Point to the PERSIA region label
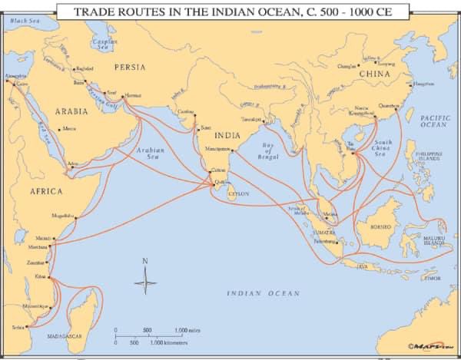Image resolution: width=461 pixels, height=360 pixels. click(x=129, y=67)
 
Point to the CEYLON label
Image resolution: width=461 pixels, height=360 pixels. click(x=239, y=194)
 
